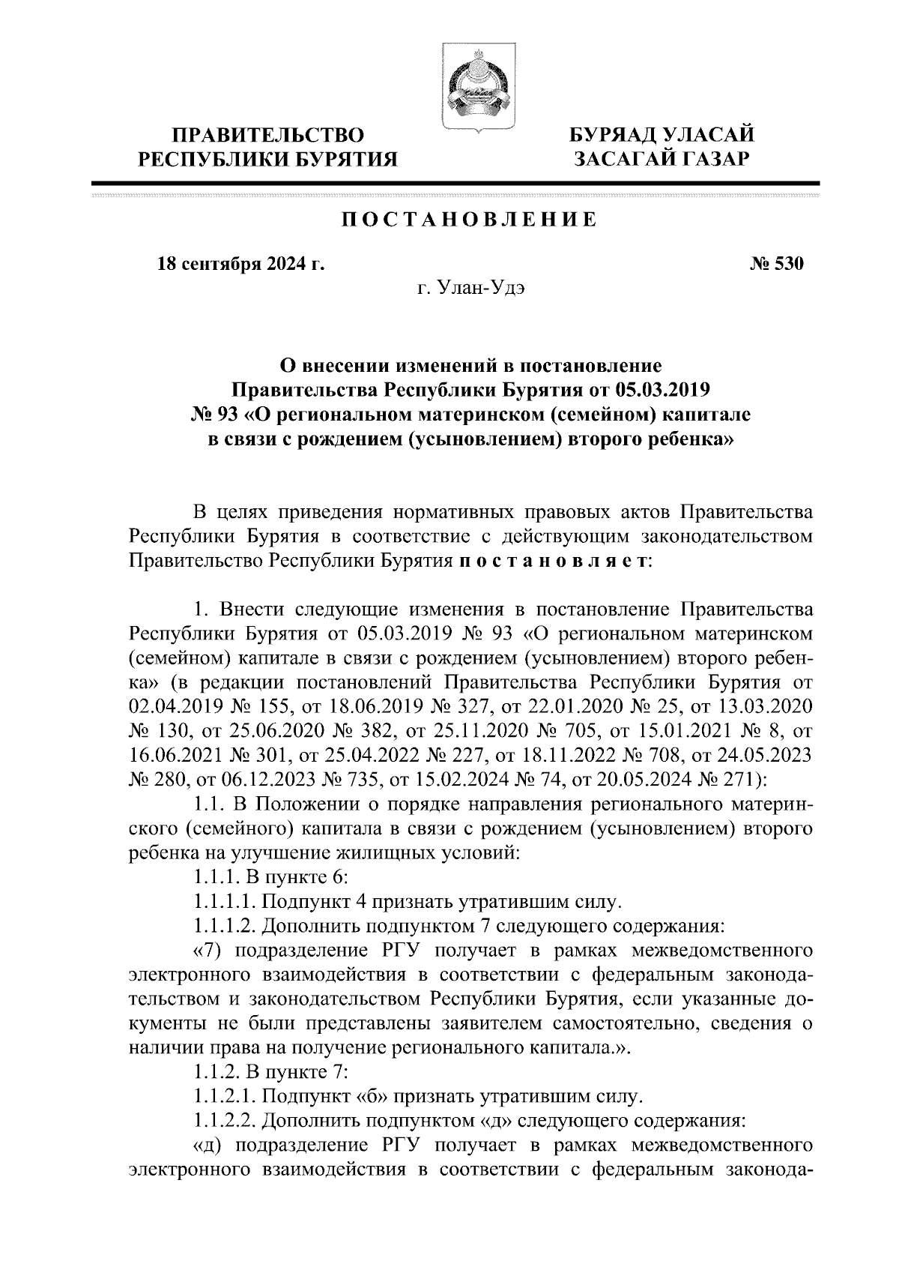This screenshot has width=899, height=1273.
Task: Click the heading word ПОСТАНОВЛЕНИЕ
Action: tap(470, 220)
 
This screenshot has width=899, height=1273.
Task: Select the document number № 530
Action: tap(777, 265)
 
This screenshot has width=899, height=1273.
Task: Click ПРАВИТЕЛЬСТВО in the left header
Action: tap(269, 136)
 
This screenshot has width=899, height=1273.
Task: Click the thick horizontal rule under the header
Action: tap(455, 183)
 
